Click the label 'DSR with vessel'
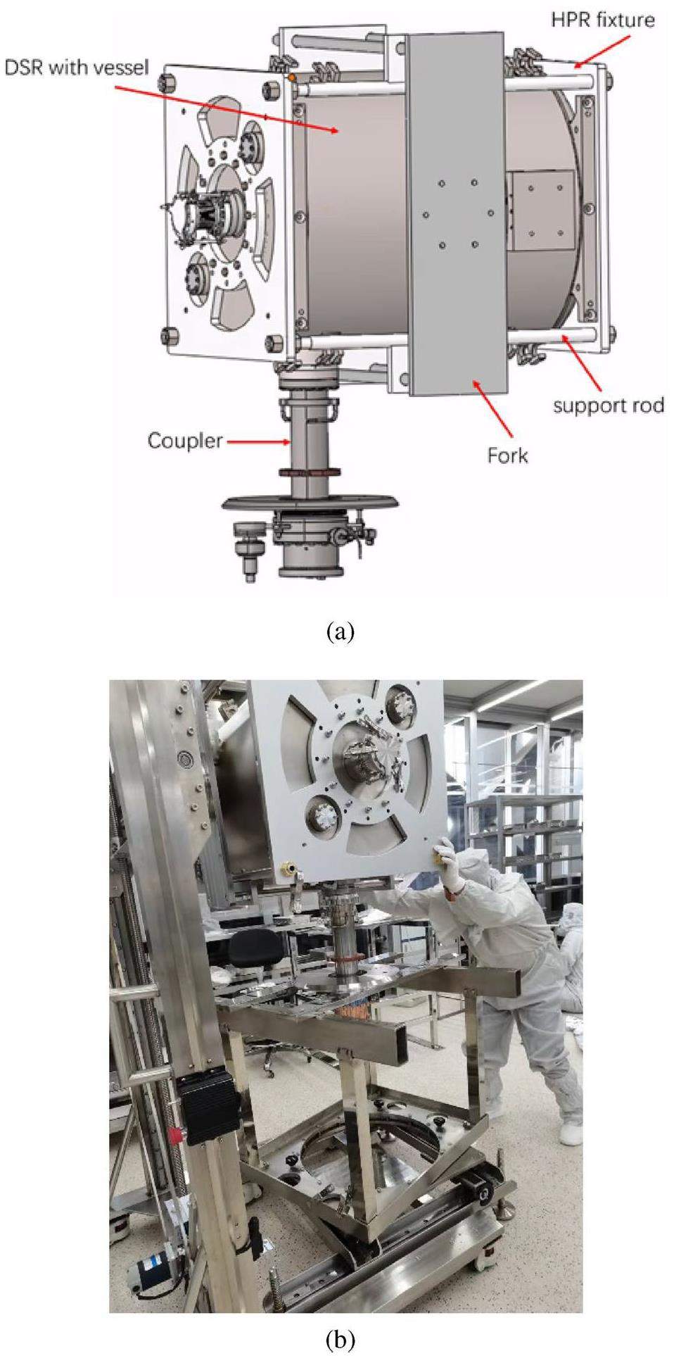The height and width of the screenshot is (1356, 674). coord(77,68)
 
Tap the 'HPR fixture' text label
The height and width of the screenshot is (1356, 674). coord(603,19)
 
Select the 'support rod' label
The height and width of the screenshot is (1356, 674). coord(608,406)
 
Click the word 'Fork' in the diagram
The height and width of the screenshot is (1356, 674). coord(507,456)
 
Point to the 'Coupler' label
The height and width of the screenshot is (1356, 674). coord(184,441)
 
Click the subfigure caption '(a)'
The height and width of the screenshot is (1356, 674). coord(341,632)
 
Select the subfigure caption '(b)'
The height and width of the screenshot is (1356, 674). coord(341,1338)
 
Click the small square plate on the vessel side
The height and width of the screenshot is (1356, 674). coord(540,211)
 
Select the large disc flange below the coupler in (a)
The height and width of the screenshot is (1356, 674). coord(311,503)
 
